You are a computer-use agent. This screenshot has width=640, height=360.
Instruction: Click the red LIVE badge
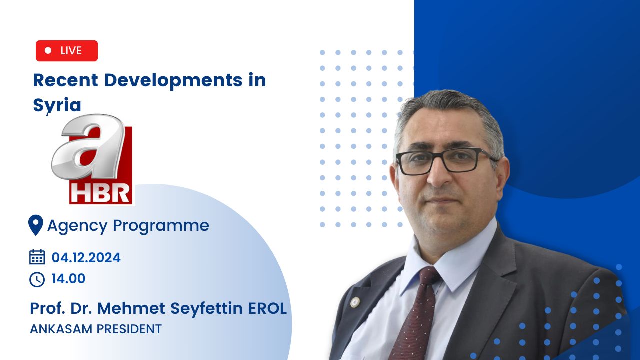[x=67, y=51]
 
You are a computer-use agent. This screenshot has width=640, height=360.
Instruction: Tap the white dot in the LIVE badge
[x=48, y=50]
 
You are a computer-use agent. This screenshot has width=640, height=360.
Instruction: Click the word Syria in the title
[x=57, y=105]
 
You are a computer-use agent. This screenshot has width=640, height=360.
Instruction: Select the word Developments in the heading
[x=173, y=80]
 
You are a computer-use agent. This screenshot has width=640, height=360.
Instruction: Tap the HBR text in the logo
[x=101, y=193]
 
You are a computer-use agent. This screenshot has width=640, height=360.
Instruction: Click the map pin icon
[x=36, y=225]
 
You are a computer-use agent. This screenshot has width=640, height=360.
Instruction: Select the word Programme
[x=161, y=226]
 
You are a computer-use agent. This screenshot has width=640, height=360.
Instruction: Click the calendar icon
[x=37, y=257]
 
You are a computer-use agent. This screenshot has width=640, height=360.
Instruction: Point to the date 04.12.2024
[x=86, y=257]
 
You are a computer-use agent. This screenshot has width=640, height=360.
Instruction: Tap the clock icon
[x=37, y=279]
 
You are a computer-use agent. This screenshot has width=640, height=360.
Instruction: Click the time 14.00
[x=68, y=279]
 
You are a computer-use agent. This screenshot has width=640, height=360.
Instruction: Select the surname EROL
[x=267, y=308]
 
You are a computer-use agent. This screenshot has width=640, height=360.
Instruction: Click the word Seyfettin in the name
[x=206, y=309]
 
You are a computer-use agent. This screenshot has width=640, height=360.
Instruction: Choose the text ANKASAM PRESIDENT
[x=96, y=329]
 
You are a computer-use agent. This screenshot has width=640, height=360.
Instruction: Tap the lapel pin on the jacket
[x=355, y=302]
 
